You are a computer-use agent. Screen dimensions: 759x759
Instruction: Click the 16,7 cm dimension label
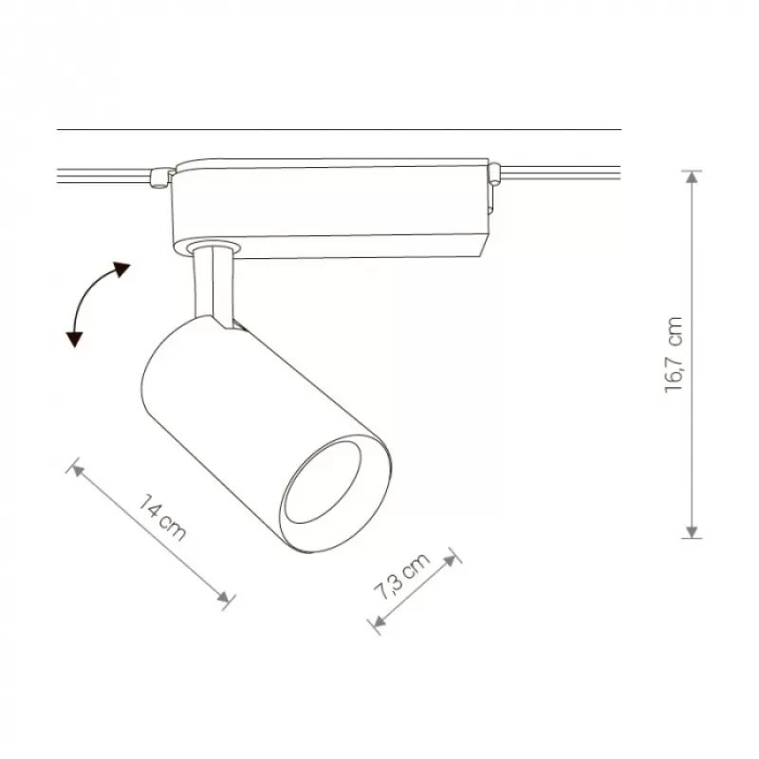click(674, 355)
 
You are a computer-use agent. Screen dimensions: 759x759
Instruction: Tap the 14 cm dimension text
click(162, 517)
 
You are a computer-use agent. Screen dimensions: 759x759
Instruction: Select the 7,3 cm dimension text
click(401, 576)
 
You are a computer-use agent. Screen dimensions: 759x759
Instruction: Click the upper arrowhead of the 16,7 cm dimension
click(693, 177)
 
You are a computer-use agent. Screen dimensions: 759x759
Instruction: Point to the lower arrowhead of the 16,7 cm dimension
click(693, 531)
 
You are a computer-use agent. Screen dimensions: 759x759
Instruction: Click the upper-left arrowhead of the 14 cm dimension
click(78, 469)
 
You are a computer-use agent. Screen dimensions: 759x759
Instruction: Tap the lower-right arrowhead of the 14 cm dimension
click(223, 598)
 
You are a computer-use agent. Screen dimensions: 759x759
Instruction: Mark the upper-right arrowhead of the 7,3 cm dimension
click(450, 561)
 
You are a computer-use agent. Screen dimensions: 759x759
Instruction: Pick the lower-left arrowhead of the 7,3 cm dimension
click(379, 620)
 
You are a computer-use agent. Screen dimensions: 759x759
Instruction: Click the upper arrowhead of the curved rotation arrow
click(121, 268)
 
